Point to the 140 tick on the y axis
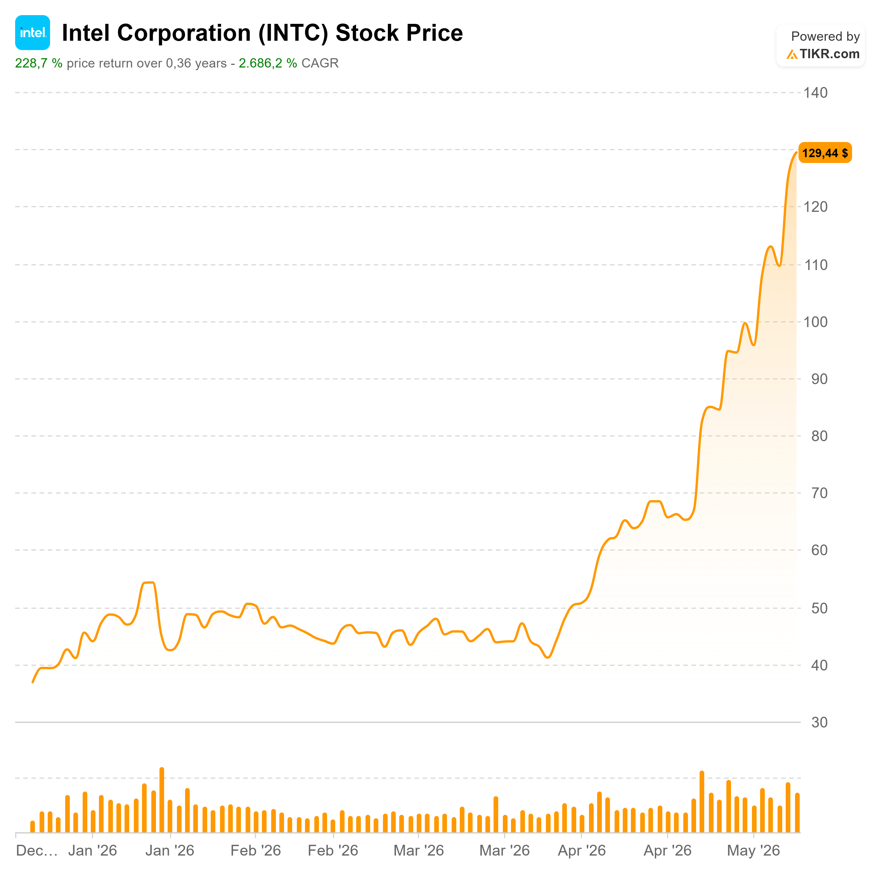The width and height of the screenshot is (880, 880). (815, 93)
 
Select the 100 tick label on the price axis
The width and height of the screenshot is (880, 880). (815, 322)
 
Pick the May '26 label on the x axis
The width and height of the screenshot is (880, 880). (753, 850)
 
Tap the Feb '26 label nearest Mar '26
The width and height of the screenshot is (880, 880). (333, 850)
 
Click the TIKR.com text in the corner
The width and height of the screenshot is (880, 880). (829, 54)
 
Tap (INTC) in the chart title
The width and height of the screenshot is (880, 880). (293, 33)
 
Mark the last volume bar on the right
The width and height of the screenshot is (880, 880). (797, 813)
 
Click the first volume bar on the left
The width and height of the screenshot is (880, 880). (32, 827)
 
